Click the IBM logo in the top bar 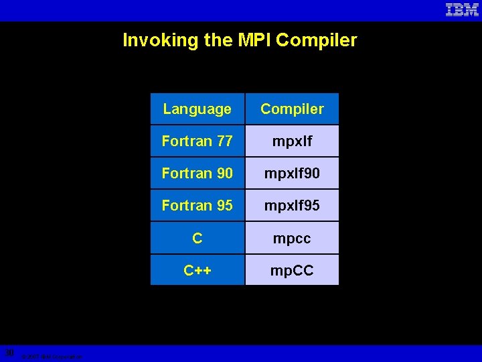click(462, 10)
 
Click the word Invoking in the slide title click(161, 40)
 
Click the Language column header click(197, 109)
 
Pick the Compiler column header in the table click(292, 109)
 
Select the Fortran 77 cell click(197, 141)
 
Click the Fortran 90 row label click(197, 173)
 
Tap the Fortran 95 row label click(197, 205)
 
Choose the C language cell click(197, 238)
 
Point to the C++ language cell click(197, 270)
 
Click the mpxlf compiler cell click(292, 141)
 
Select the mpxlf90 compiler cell click(292, 173)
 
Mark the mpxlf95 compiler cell click(292, 205)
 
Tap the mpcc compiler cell click(292, 238)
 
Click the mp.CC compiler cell click(292, 270)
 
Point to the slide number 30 click(9, 353)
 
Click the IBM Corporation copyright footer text click(52, 357)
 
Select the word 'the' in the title click(219, 40)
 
